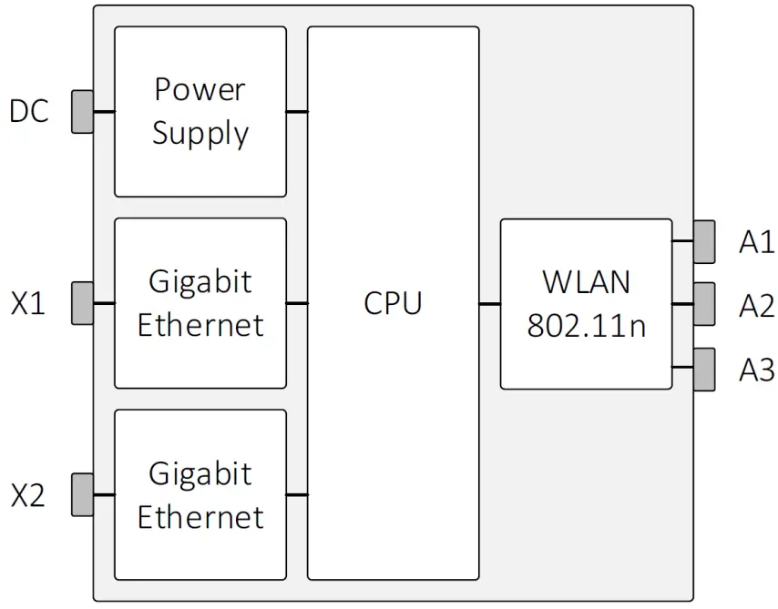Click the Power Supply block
pos(200,111)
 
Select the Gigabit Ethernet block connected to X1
pos(200,302)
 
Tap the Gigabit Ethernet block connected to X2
pos(200,494)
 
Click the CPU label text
pos(393,302)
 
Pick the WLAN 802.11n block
pos(586,303)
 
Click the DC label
pos(29,112)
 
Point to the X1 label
pos(28,303)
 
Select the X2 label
pos(28,496)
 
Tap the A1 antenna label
pos(756,242)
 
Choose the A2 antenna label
pos(756,306)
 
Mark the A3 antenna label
pos(756,370)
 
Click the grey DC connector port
pos(83,111)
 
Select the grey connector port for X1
pos(83,302)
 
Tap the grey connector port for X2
pos(83,494)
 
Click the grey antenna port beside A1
pos(704,241)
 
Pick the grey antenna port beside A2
pos(704,304)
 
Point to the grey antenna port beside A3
pos(704,369)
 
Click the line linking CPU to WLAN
pos(489,303)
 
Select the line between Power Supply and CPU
pos(297,112)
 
